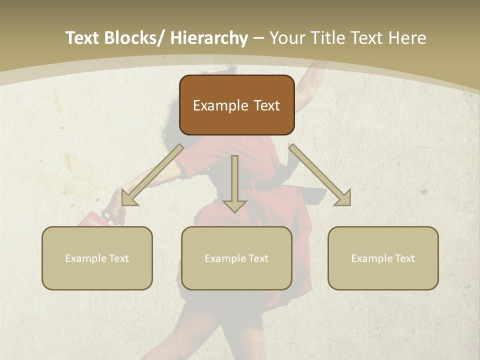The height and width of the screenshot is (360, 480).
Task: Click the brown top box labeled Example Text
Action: click(236, 105)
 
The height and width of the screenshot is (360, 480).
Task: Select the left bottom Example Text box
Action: click(97, 258)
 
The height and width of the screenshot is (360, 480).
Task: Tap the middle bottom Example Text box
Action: click(236, 258)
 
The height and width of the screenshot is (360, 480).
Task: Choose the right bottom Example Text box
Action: click(383, 258)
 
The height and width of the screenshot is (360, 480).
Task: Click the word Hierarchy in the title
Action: click(209, 38)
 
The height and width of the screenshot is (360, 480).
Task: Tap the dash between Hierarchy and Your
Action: click(258, 38)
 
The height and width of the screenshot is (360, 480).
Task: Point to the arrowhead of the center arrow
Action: click(235, 205)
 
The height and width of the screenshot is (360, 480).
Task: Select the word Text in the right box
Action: click(404, 258)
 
